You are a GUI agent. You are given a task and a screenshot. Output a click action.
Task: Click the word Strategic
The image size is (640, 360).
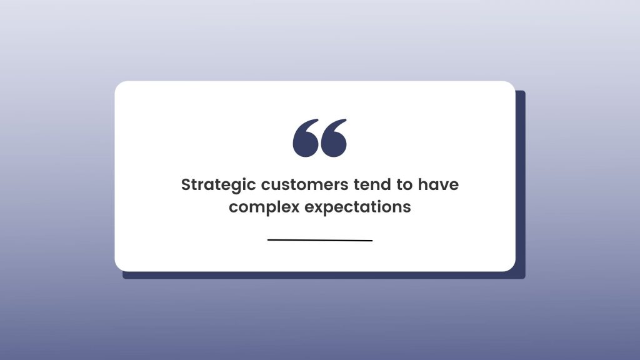pos(218,185)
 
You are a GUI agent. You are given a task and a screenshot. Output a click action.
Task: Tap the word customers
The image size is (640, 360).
pos(304,185)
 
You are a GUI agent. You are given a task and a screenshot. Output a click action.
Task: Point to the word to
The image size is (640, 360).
pos(404,185)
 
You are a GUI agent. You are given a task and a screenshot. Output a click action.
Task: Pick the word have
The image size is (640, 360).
pos(438,184)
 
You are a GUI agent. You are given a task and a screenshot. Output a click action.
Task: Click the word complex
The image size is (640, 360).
pos(264,207)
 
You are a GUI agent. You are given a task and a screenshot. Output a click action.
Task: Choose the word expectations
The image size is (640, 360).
pos(358,207)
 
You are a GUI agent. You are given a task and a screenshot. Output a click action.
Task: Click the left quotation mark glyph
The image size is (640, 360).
pos(306,138)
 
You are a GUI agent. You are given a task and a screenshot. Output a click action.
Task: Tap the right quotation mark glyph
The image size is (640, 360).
pos(334,138)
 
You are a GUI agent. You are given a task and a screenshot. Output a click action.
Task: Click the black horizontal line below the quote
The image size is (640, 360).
pos(320,240)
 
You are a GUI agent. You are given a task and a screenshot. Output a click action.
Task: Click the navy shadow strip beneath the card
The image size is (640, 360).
pos(324,276)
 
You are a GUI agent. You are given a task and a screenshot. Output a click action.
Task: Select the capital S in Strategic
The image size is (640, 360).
pos(186,185)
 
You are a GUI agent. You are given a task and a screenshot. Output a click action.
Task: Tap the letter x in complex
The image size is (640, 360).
pos(295,207)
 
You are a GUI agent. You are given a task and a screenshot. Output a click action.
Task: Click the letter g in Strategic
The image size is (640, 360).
pos(239,187)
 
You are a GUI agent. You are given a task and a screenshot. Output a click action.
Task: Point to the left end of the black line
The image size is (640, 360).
pos(267,240)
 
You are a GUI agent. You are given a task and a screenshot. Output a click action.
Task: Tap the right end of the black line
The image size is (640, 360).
pos(372,241)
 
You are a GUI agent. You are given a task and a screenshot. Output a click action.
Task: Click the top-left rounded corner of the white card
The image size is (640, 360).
pos(118,84)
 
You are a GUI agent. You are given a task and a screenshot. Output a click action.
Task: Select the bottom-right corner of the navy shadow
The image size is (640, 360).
pos(524,278)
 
